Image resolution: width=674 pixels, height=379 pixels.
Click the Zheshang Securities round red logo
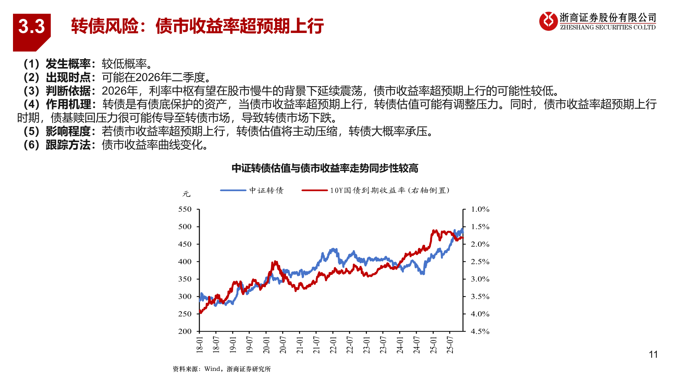548,21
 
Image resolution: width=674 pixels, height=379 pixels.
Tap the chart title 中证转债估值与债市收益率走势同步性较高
325,168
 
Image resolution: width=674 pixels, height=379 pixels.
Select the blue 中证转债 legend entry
252,190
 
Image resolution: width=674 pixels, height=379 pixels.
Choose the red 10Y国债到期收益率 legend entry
376,190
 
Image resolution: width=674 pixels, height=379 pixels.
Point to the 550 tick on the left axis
185,210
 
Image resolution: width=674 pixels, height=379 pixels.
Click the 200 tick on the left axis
185,331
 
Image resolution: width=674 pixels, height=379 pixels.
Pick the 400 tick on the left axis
185,261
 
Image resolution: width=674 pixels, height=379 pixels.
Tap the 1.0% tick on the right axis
480,210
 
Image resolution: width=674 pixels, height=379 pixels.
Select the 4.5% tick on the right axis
480,331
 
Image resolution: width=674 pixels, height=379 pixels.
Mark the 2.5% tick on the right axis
480,262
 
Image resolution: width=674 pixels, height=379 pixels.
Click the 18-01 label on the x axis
199,345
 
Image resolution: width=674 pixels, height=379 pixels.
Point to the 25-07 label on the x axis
450,345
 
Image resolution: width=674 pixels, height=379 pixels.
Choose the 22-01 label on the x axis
333,345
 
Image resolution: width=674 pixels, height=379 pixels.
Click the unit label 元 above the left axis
186,194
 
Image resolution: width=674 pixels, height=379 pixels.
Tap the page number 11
653,354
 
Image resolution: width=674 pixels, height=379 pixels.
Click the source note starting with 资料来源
222,369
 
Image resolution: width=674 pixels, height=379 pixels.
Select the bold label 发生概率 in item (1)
68,64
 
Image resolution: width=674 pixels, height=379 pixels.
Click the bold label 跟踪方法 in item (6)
68,145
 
